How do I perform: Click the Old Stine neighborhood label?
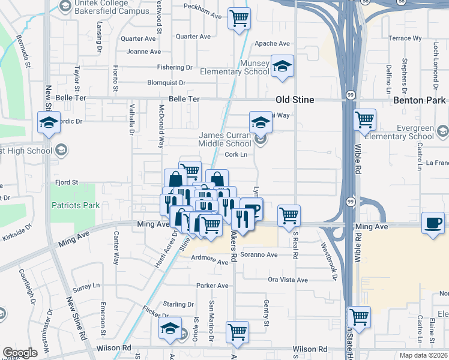295,100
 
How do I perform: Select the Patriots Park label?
74,205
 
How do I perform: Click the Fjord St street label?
67,182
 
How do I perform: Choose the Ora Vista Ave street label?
288,280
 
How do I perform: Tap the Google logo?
20,353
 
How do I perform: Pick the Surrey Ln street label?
86,286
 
